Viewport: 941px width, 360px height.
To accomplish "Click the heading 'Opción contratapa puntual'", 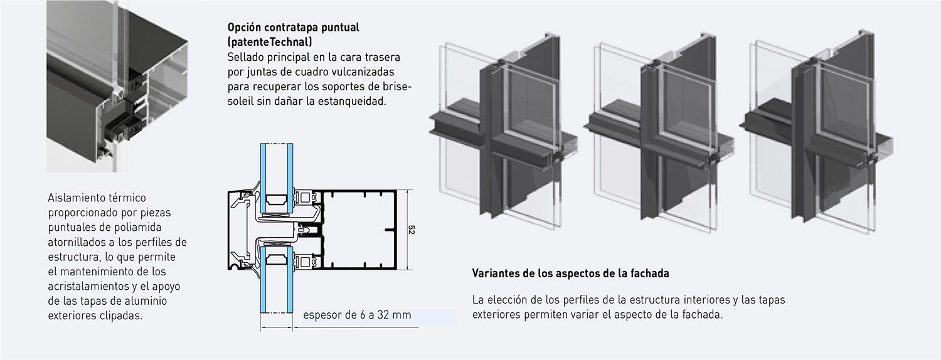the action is click(293, 28).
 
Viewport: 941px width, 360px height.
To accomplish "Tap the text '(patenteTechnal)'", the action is click(270, 42).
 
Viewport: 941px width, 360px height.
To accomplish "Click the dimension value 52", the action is click(412, 230).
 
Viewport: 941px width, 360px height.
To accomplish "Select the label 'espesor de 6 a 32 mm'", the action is click(357, 315).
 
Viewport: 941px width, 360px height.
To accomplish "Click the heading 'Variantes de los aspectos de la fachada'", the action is click(570, 273).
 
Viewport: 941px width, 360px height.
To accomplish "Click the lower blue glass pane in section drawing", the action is click(277, 280).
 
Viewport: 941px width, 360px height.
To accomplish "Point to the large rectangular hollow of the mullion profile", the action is click(359, 230).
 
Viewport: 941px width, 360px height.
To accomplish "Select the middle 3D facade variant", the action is click(659, 132).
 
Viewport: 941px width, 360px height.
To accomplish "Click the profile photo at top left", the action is click(117, 86).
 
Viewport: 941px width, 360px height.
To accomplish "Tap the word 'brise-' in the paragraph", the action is click(397, 87).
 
